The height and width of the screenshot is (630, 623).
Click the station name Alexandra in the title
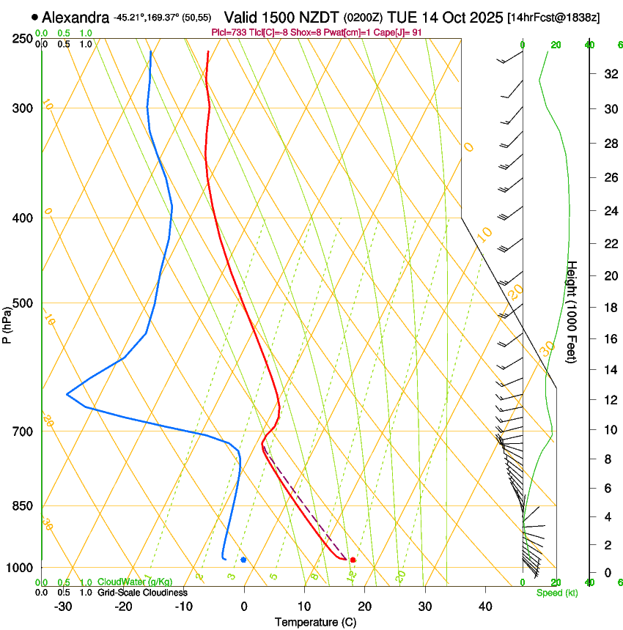point(75,17)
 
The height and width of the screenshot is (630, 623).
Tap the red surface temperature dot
point(353,560)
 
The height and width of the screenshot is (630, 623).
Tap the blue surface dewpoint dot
point(243,560)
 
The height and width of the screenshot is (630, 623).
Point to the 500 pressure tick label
point(22,303)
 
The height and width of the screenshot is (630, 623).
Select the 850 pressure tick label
point(22,505)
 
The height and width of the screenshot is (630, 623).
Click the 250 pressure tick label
point(22,38)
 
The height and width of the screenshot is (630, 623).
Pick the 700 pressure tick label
point(22,431)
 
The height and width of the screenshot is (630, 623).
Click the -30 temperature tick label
point(63,607)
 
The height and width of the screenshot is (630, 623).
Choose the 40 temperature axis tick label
point(484,607)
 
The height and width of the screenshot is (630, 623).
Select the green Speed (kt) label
point(556,593)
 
